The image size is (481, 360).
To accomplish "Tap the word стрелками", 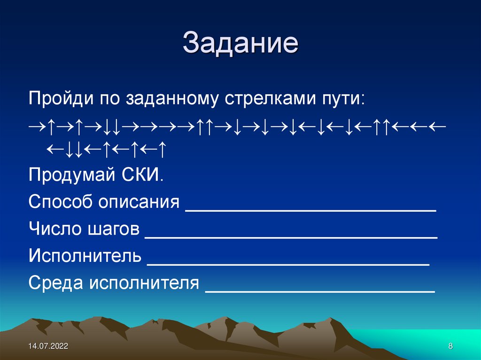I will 272,100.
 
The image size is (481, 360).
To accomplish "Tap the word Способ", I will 60,203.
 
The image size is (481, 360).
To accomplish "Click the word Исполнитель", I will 85,256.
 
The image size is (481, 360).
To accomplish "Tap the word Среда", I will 55,283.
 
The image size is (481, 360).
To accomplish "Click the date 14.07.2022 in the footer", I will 48,346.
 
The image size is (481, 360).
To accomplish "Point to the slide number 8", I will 450,346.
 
